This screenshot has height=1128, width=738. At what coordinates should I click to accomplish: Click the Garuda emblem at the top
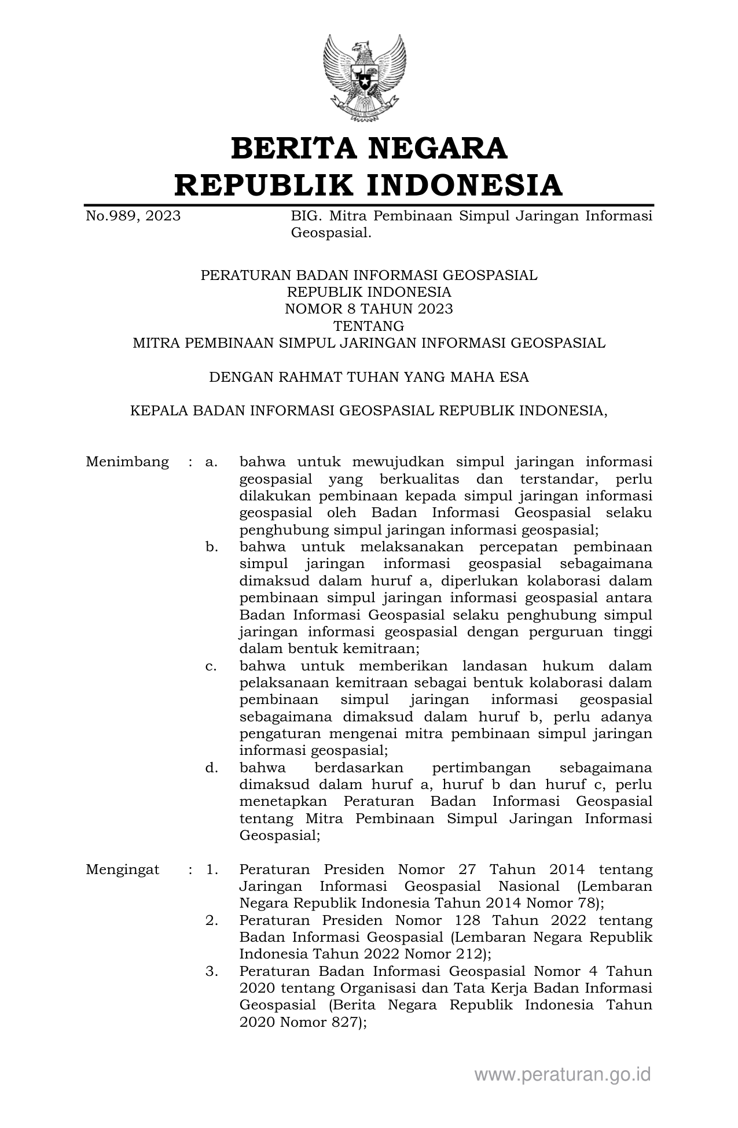click(x=365, y=78)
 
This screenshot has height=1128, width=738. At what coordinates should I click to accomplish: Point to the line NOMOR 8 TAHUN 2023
click(x=369, y=309)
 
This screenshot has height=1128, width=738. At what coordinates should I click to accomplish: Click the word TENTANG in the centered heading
click(x=369, y=326)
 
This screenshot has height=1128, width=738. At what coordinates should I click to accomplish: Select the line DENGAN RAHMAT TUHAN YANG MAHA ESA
click(x=369, y=377)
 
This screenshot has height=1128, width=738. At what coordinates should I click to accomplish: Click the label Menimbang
click(x=127, y=462)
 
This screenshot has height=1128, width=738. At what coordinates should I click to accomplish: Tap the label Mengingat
click(x=123, y=869)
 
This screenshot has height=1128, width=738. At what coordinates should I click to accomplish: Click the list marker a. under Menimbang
click(x=211, y=462)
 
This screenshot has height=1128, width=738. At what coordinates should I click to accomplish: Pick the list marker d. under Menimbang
click(x=211, y=768)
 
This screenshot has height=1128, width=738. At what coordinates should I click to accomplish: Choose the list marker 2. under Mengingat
click(x=211, y=920)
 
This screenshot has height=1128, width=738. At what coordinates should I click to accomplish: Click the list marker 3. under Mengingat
click(x=211, y=971)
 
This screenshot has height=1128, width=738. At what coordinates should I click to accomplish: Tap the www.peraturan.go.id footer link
click(x=563, y=1074)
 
